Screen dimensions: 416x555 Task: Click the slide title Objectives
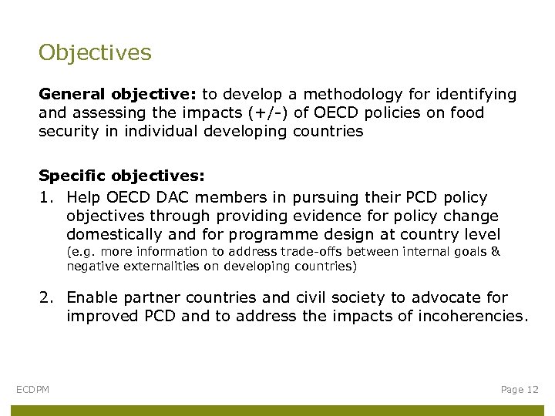click(x=95, y=52)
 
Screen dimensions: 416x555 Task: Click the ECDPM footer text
click(x=32, y=390)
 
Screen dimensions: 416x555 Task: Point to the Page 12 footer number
click(x=520, y=390)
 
